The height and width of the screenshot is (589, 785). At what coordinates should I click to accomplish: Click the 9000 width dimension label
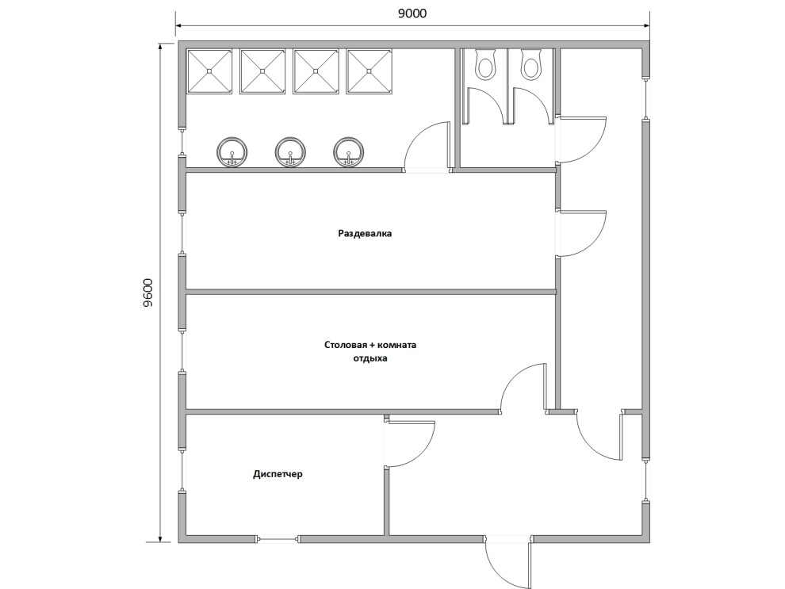tap(412, 13)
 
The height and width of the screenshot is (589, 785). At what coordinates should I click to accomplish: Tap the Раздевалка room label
tap(365, 233)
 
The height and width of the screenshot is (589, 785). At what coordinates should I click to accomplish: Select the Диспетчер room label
tap(278, 473)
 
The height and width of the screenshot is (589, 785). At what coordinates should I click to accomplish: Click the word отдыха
tap(370, 359)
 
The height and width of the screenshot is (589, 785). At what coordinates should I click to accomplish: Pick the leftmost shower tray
tap(210, 71)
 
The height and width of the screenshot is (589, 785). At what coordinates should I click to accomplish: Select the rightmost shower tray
tap(369, 71)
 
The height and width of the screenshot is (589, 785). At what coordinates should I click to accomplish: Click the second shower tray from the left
tap(262, 71)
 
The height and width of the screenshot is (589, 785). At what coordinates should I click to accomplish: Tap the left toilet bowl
tap(484, 63)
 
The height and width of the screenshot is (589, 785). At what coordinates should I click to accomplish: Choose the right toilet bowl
tap(530, 63)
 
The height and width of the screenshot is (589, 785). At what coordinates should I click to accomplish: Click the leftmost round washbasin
tap(232, 151)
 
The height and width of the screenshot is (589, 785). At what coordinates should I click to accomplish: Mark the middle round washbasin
tap(290, 151)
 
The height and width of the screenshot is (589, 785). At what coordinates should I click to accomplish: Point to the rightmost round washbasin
tap(349, 151)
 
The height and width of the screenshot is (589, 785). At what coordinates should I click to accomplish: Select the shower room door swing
tap(427, 146)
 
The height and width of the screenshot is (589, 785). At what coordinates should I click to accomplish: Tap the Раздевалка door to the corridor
tap(582, 234)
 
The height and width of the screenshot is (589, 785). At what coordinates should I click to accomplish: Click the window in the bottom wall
tap(278, 539)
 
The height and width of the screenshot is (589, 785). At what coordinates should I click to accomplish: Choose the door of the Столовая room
tap(523, 388)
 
